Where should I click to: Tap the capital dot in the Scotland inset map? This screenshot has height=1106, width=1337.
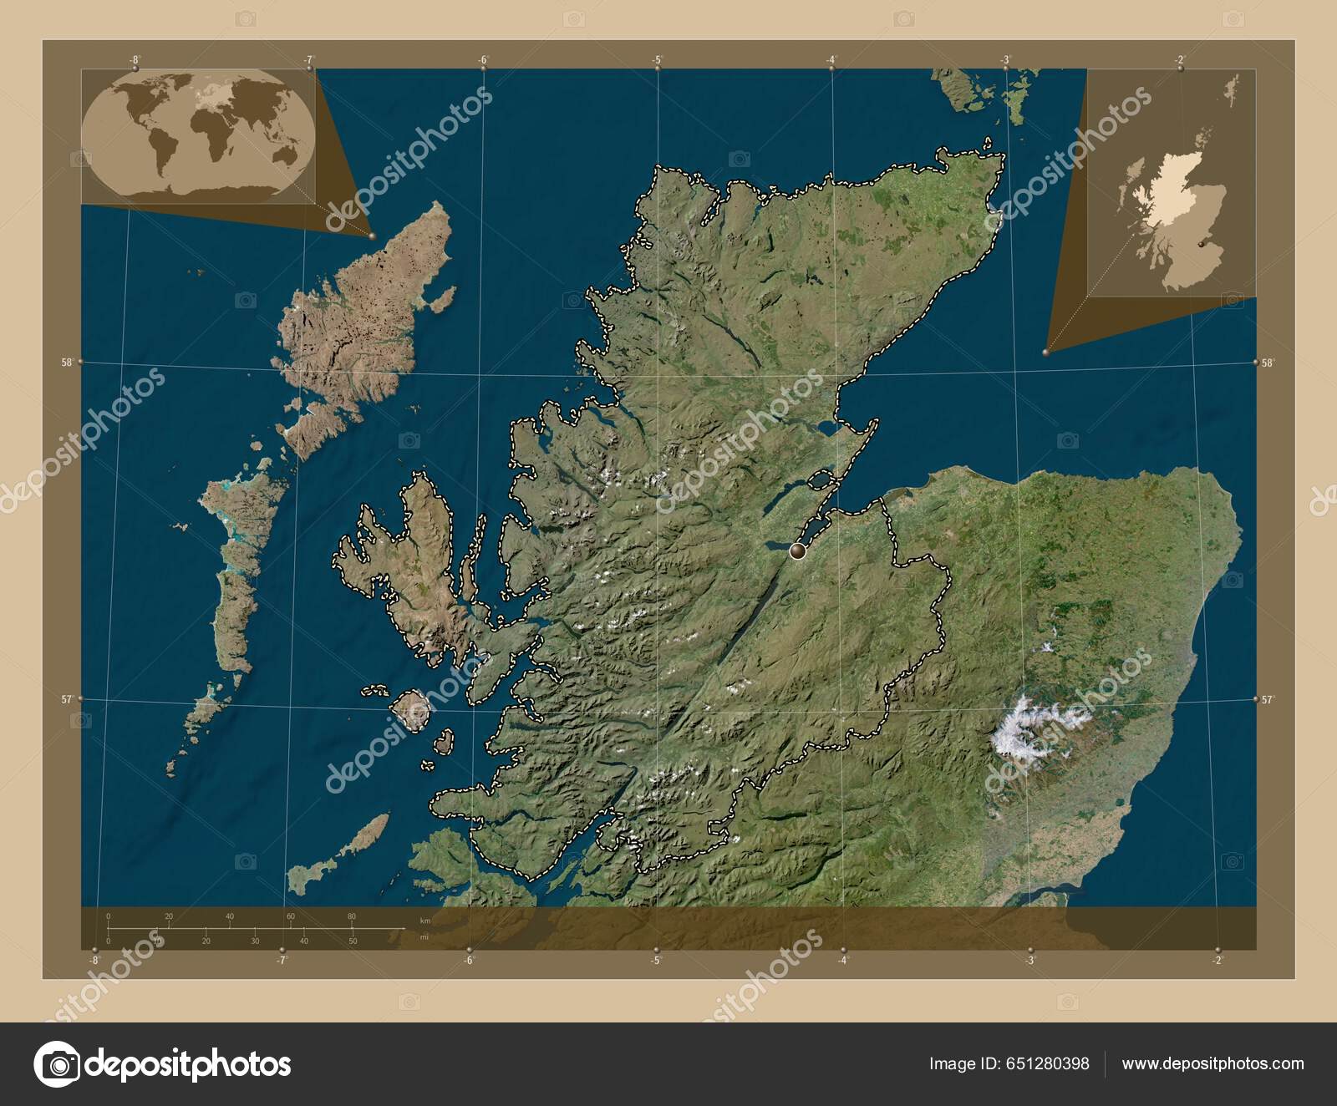click(x=1201, y=244)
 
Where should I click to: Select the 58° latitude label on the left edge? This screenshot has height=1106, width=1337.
click(x=66, y=363)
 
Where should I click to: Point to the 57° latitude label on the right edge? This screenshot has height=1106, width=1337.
click(x=1268, y=700)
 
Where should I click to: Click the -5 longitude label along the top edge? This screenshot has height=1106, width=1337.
click(x=658, y=59)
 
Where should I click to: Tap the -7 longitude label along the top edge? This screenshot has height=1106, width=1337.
click(x=309, y=59)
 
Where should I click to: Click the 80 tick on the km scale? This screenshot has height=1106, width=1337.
click(x=352, y=916)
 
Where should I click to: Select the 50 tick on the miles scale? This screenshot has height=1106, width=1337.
click(x=353, y=941)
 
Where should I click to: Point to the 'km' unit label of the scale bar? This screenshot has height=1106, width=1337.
click(x=426, y=921)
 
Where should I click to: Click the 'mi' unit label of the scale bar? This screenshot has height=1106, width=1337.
click(x=425, y=937)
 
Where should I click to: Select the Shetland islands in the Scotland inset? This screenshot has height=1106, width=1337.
click(x=1231, y=88)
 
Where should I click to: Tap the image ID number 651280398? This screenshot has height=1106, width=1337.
click(x=1050, y=1063)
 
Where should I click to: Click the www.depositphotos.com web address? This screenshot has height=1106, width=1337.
click(x=1212, y=1063)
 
